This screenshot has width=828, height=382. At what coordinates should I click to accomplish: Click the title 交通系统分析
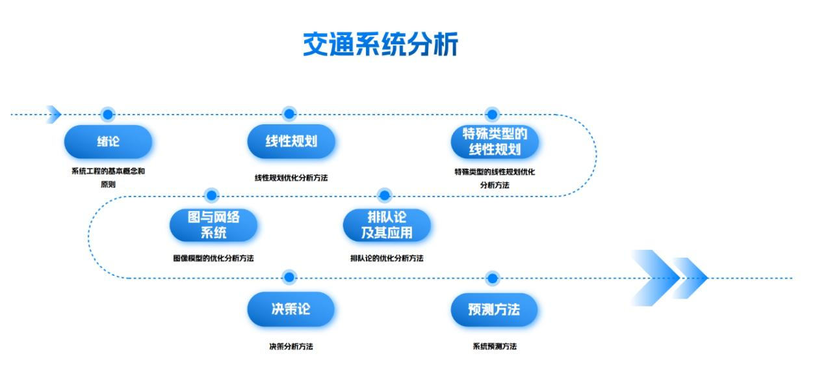click(380, 44)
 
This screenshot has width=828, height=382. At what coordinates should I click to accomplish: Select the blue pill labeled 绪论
click(108, 142)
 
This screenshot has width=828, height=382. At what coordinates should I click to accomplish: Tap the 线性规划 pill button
click(291, 142)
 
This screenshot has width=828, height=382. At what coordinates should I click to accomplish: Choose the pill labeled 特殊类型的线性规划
click(495, 142)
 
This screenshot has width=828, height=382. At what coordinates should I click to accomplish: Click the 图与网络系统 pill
click(213, 225)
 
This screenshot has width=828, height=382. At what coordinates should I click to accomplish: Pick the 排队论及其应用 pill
click(386, 225)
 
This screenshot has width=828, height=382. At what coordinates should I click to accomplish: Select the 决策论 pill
click(291, 309)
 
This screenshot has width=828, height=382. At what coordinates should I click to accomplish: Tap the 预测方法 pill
click(494, 309)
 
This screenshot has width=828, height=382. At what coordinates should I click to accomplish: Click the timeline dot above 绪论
click(108, 115)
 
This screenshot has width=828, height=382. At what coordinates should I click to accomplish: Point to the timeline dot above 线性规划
click(290, 115)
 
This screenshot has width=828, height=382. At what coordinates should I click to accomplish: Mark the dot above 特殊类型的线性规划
click(492, 115)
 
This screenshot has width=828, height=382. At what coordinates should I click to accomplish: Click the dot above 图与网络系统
click(212, 195)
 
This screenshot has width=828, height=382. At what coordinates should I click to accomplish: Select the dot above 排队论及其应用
click(385, 195)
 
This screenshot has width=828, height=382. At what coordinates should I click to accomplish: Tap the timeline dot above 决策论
click(290, 278)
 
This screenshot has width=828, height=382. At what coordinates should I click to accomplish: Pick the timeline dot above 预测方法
click(492, 279)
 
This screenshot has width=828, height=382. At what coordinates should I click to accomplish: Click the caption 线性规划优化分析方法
click(291, 178)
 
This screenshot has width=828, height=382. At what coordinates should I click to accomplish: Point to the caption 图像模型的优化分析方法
click(213, 258)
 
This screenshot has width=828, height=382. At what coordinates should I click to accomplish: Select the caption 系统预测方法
click(494, 347)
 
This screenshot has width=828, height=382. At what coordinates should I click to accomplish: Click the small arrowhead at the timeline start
click(55, 115)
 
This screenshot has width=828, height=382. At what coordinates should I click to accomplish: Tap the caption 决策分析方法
click(291, 347)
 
